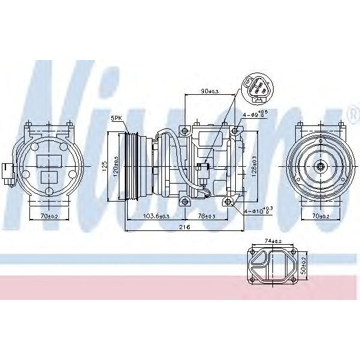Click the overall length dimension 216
coord(185,227)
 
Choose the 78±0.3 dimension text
coord(206,216)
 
